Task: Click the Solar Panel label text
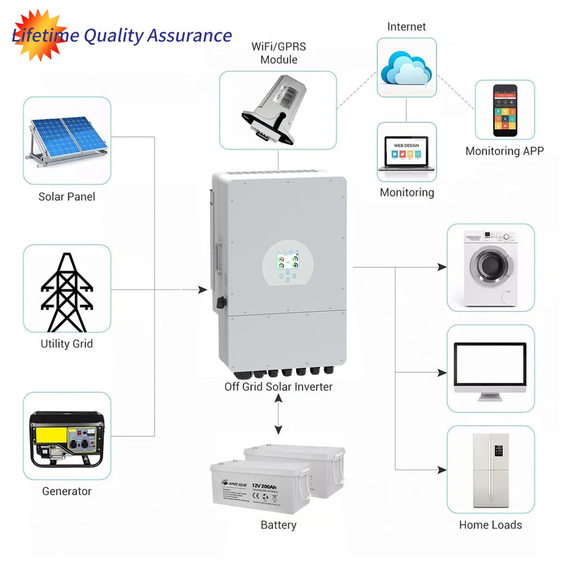66,197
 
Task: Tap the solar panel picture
66,141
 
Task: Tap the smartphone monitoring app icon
505,107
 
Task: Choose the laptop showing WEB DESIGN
407,153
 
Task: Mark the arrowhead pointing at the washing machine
442,267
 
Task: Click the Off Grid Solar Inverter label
278,387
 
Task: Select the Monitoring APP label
504,151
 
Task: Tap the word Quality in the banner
113,36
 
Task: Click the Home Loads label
490,525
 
